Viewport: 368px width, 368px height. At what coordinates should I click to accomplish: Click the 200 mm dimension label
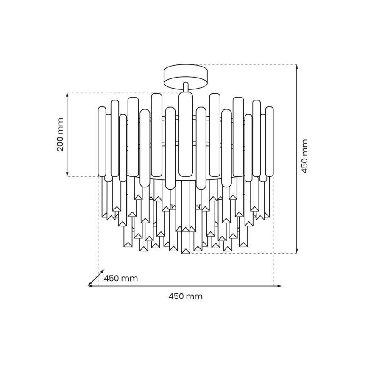pyautogui.click(x=60, y=134)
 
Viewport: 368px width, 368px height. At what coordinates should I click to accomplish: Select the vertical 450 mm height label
pyautogui.click(x=304, y=156)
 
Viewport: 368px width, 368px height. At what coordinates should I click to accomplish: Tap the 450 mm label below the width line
pyautogui.click(x=186, y=296)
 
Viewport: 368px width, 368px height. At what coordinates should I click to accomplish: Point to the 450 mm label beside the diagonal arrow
pyautogui.click(x=121, y=279)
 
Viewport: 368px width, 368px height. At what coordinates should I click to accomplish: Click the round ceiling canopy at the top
pyautogui.click(x=186, y=75)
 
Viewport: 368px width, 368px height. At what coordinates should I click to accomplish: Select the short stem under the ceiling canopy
pyautogui.click(x=186, y=87)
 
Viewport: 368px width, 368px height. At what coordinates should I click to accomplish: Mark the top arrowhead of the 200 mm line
pyautogui.click(x=67, y=95)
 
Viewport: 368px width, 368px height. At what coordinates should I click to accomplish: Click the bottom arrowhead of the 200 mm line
pyautogui.click(x=67, y=174)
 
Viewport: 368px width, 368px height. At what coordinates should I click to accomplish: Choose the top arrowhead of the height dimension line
pyautogui.click(x=296, y=67)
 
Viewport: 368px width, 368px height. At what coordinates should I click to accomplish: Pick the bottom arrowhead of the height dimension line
pyautogui.click(x=296, y=251)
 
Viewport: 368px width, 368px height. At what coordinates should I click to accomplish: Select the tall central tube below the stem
pyautogui.click(x=186, y=134)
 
